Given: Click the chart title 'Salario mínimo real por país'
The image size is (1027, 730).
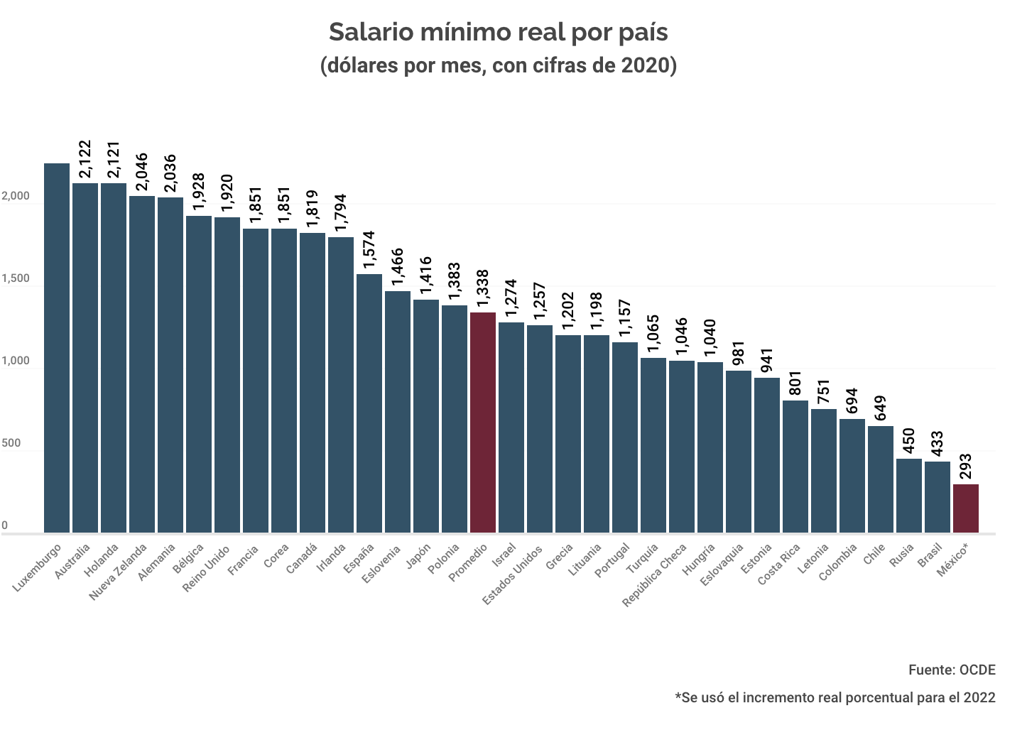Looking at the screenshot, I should point(498,33).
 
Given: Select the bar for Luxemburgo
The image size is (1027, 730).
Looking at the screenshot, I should point(57,348).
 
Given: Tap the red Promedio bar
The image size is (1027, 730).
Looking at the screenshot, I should point(483,423).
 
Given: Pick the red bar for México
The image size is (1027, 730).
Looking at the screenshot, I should point(966,508).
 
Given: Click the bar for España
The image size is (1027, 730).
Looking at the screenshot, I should point(369,403).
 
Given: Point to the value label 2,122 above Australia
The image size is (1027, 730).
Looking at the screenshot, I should point(86,159).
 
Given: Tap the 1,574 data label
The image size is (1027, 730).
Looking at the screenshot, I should point(369,250).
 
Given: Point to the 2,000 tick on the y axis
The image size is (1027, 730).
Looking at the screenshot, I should point(15,197).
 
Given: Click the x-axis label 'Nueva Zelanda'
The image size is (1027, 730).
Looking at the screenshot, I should point(119,572).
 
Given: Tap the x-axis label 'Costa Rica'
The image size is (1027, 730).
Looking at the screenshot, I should point(780,564).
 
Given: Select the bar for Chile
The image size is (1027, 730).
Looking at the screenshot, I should point(881,479).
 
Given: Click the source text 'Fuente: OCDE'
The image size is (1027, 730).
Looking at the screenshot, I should point(952,670).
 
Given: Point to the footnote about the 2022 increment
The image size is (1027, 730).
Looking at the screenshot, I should point(835,697).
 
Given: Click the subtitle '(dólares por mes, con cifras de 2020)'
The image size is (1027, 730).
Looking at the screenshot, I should point(498,65).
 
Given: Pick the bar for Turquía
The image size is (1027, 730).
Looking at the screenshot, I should point(653,445).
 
